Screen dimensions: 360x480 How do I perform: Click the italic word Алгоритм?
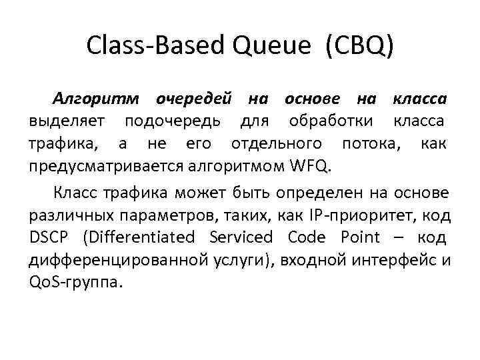click(x=97, y=100)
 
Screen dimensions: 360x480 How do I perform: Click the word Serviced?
click(x=241, y=237)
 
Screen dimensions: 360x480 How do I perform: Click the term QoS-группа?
click(x=76, y=281)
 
